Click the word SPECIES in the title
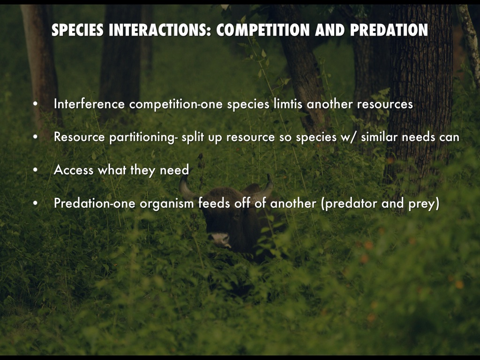coord(77,30)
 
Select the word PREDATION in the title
coord(389,30)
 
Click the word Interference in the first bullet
coord(89,104)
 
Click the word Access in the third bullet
coord(74,170)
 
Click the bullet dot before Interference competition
coord(36,104)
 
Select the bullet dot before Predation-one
coord(36,203)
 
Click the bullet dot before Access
coord(36,170)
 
